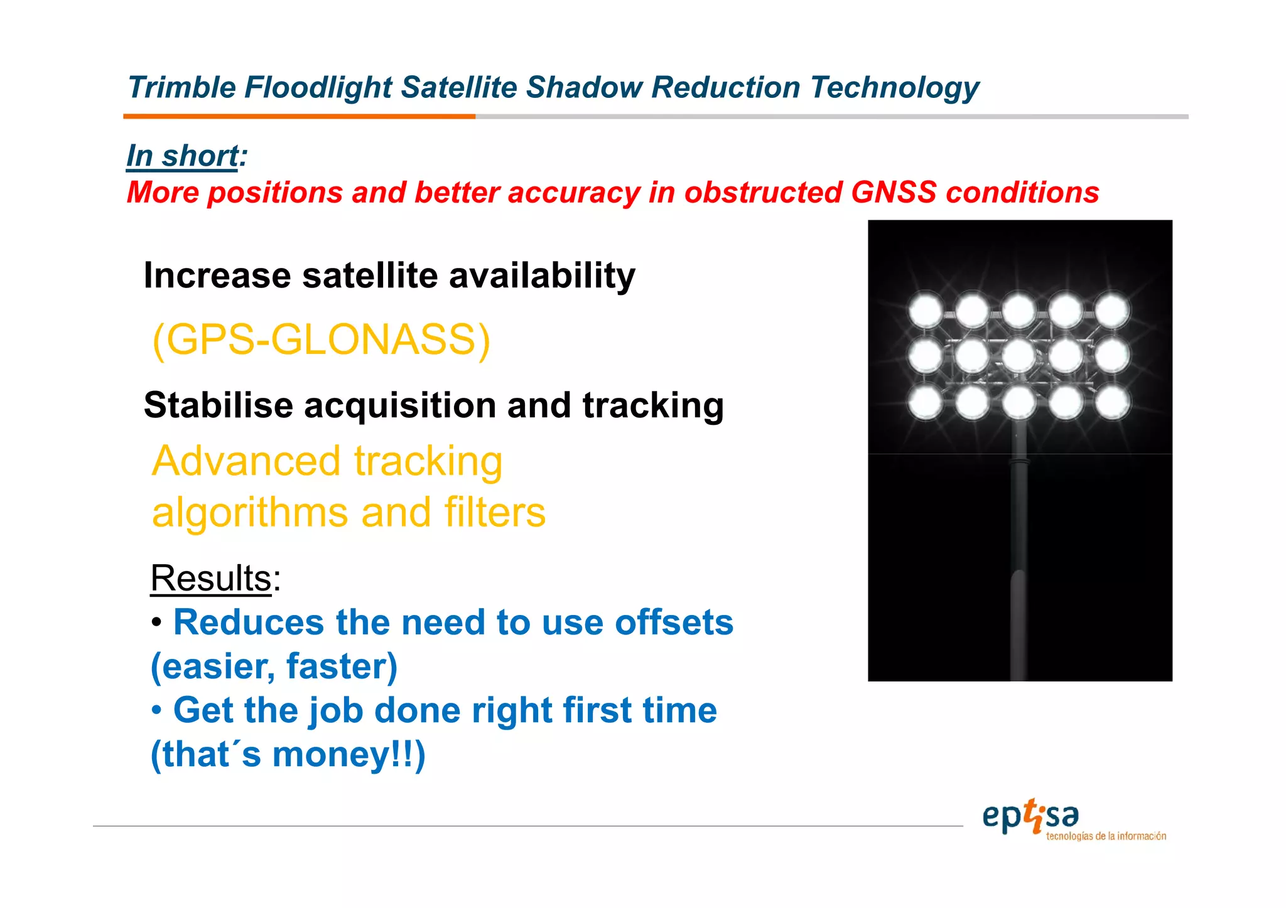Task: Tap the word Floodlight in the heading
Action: [318, 87]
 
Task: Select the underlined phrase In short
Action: [183, 156]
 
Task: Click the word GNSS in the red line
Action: [893, 192]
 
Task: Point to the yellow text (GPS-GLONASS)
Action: [321, 339]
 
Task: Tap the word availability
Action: [542, 275]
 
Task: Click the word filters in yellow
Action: [495, 512]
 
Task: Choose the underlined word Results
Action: [211, 577]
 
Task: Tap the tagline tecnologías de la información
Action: [1106, 836]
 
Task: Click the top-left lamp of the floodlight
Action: [926, 311]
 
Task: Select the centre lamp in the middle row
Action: [1019, 356]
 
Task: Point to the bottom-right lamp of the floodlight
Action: [1112, 402]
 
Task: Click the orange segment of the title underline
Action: [299, 116]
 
